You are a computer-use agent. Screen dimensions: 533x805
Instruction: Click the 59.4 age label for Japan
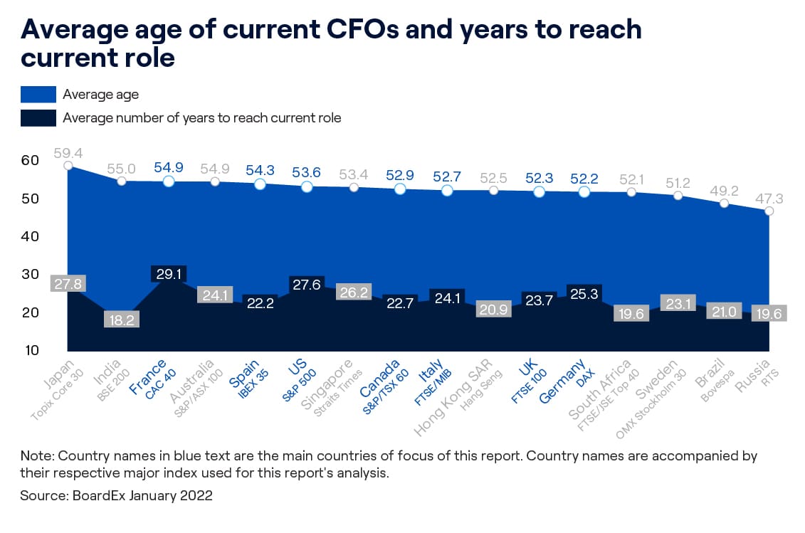68,152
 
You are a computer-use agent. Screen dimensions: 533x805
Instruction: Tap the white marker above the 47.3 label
769,211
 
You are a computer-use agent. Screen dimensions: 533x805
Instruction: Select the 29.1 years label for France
168,273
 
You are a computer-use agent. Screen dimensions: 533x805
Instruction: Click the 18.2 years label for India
122,320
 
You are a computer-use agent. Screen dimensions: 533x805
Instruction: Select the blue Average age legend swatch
38,94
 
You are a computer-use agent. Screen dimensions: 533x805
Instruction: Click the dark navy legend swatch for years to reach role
38,117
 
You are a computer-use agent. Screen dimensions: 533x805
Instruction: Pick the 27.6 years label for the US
307,284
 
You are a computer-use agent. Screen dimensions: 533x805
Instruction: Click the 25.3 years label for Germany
584,292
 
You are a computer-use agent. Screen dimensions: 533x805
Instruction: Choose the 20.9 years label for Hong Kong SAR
492,310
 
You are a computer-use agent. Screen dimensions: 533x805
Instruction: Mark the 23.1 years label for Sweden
677,302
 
